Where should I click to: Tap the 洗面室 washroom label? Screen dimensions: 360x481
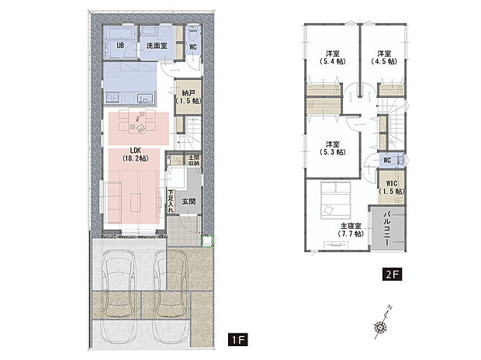pyautogui.click(x=157, y=47)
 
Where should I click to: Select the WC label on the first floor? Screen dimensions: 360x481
pyautogui.click(x=192, y=47)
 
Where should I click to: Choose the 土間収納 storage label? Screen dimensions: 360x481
pyautogui.click(x=193, y=161)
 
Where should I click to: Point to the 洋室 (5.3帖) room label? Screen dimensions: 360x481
pyautogui.click(x=332, y=148)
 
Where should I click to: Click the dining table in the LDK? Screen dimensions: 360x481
pyautogui.click(x=140, y=123)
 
